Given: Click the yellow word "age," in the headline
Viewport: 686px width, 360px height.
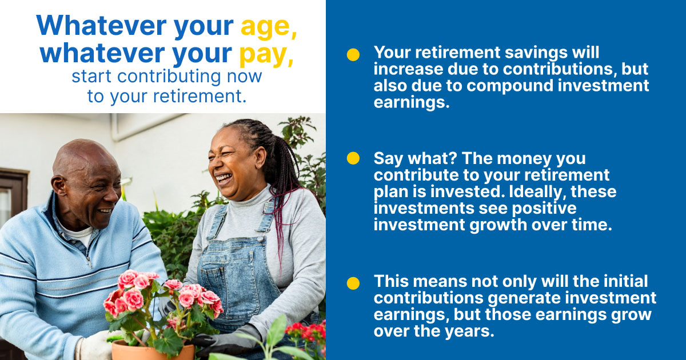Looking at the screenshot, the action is coord(269,27).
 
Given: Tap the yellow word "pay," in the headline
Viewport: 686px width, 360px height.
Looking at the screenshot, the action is coord(266,54).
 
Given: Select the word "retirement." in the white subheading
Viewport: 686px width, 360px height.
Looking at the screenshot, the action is coord(200,96).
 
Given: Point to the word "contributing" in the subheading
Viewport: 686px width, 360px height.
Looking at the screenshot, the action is coord(169,77).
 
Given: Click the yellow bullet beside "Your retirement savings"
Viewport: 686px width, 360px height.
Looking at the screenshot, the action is coord(353,55).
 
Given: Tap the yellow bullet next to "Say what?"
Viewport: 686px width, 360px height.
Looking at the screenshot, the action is coord(353,158).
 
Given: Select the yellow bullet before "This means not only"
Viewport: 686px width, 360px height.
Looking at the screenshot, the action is coord(353,283).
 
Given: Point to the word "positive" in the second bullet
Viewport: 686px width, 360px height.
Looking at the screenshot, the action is coord(544,208).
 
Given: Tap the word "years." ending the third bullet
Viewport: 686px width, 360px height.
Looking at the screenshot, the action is coord(469,331).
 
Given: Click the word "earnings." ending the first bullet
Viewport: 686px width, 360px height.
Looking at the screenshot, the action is coord(412,102).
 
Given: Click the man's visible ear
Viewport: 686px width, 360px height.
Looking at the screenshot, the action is coord(59,186).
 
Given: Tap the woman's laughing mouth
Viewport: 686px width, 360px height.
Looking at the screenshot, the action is coord(224,178).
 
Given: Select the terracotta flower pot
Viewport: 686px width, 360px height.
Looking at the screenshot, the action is coord(153,350).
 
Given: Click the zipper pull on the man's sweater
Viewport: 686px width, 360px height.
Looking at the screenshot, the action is coord(89,262).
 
